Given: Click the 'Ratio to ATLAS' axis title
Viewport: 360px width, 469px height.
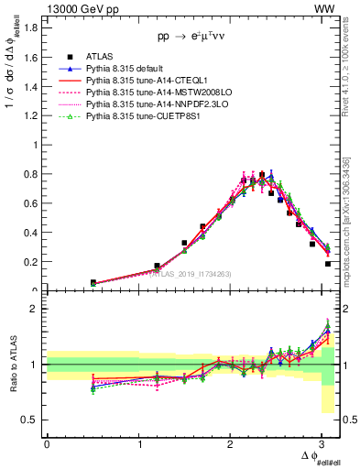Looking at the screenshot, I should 12,366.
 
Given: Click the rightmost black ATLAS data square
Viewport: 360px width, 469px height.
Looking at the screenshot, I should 328,264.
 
